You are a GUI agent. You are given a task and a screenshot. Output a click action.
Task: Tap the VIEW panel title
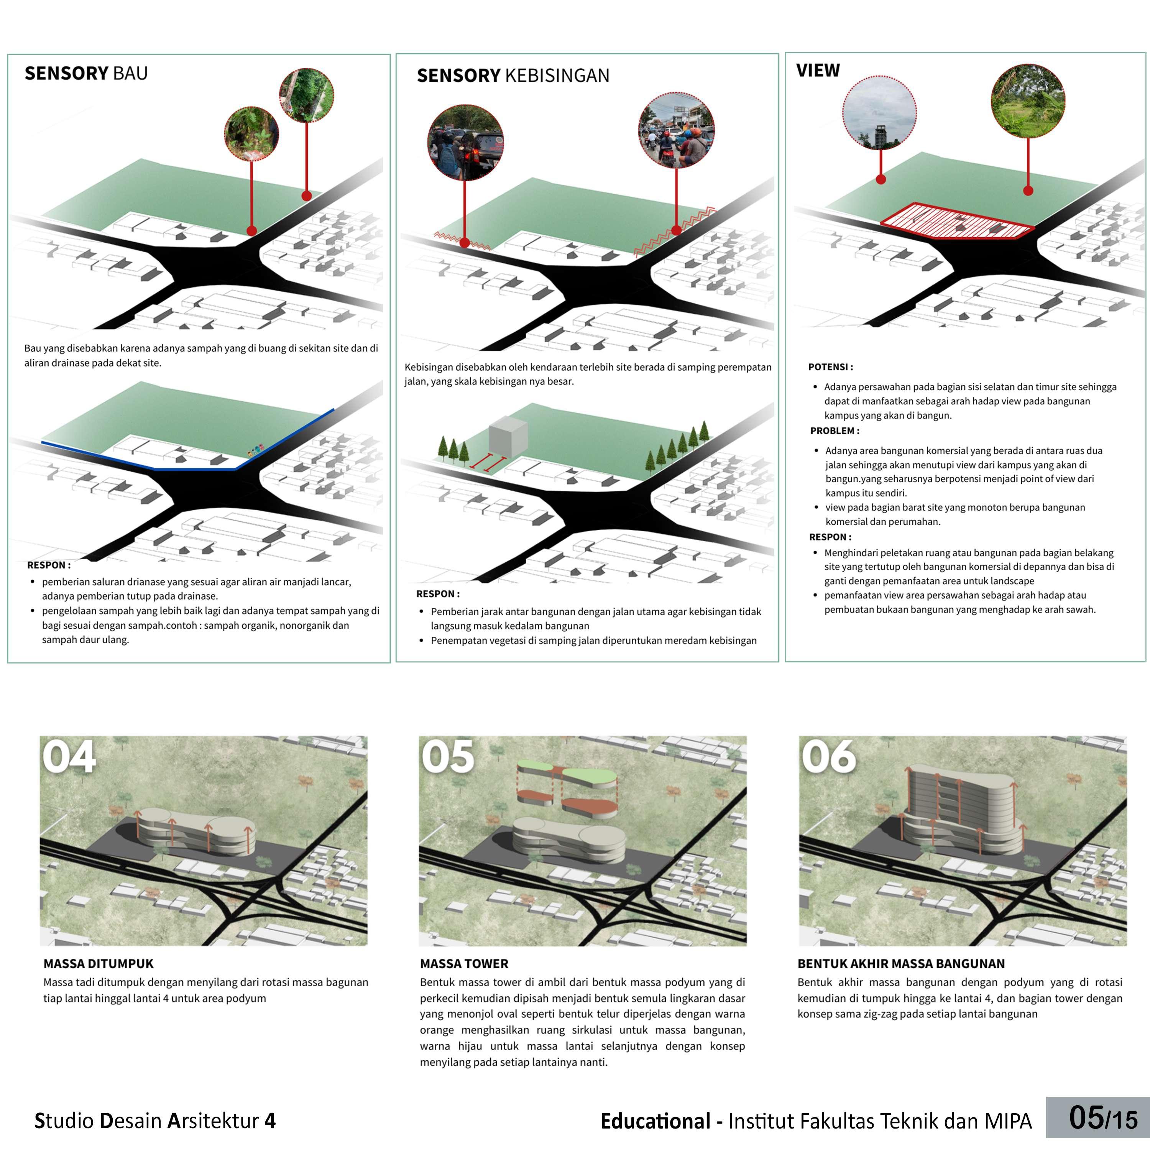[818, 71]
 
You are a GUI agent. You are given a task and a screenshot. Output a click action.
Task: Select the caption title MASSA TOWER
[464, 963]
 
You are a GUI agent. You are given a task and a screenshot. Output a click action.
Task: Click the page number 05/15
[1102, 1118]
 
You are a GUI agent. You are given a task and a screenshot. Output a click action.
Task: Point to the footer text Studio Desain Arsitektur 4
[155, 1121]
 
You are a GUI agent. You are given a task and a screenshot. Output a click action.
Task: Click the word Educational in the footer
[655, 1121]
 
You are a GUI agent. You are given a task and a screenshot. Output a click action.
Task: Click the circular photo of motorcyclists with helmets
[676, 130]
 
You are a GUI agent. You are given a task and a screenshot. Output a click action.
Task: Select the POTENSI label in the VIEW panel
[830, 367]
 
